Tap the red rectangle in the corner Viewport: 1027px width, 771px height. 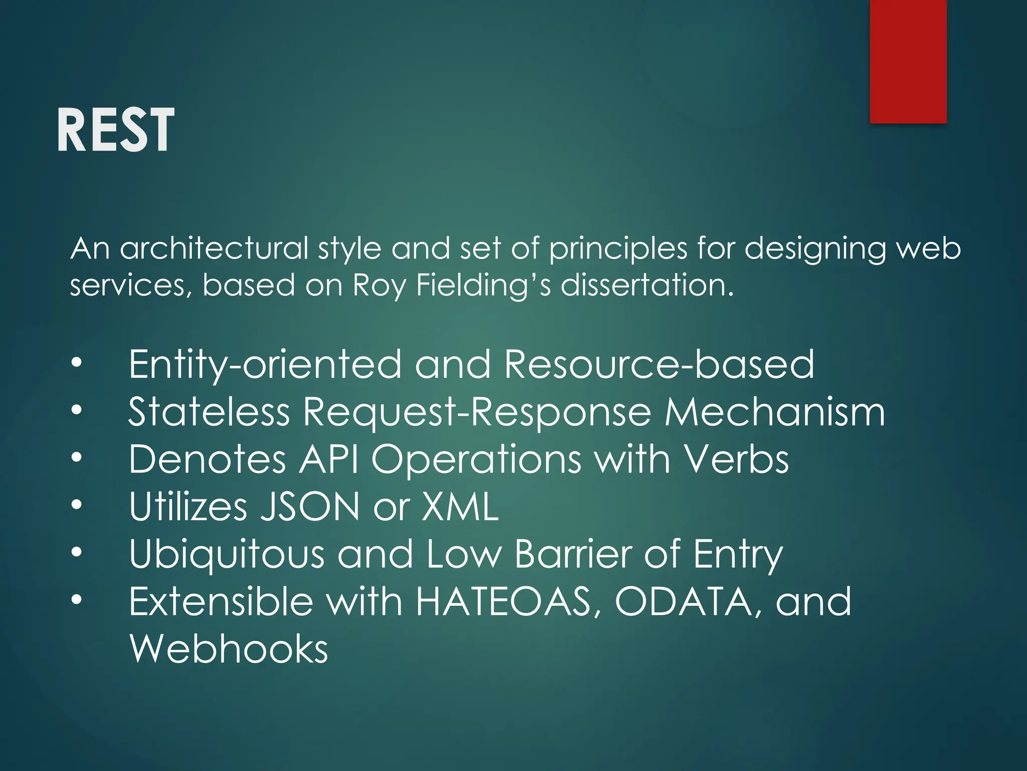tap(908, 61)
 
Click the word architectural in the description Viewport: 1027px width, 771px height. tap(214, 248)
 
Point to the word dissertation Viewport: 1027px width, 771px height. tap(647, 285)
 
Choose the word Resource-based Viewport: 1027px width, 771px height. tap(659, 364)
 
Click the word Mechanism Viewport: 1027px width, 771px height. tap(775, 412)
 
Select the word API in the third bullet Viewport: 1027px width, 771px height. tap(329, 459)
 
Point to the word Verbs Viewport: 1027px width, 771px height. tap(737, 459)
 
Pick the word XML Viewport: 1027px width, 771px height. tap(460, 506)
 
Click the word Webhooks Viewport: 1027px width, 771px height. tap(229, 649)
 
